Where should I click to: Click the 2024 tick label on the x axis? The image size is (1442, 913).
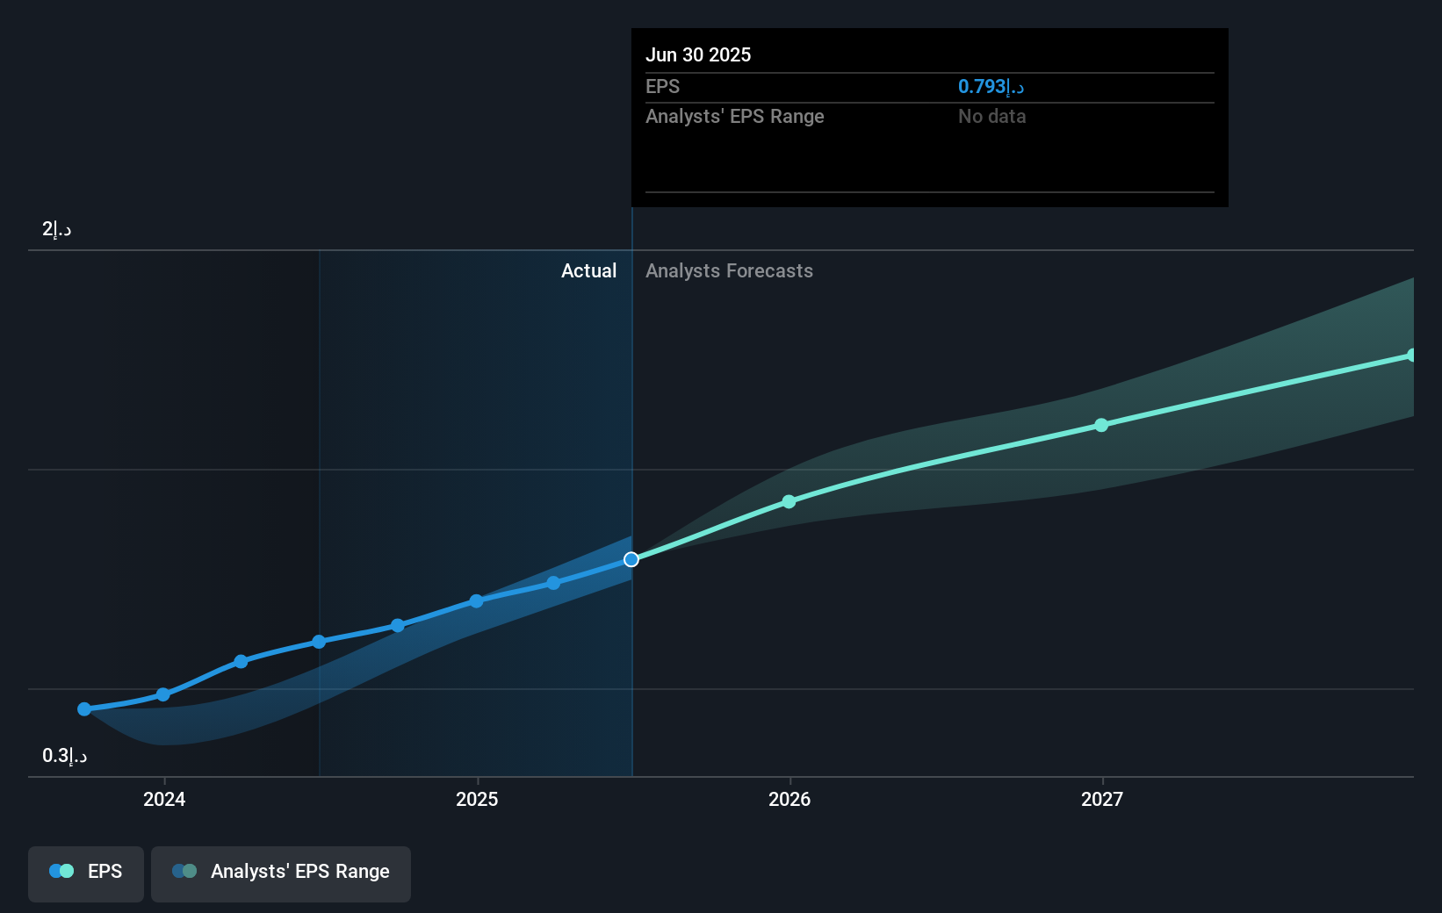pos(164,799)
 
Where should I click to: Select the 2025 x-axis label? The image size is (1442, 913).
pos(477,799)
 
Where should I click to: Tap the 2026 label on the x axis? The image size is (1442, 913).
pos(789,799)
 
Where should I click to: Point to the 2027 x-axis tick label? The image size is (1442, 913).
pos(1102,799)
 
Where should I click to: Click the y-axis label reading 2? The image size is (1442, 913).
pos(56,229)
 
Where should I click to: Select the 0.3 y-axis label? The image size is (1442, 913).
pos(64,756)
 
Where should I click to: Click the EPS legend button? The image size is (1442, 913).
pos(86,872)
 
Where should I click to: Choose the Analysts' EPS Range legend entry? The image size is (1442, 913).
pos(281,872)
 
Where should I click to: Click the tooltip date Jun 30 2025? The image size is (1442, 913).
pos(698,54)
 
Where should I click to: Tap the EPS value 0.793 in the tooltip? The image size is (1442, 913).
pos(991,86)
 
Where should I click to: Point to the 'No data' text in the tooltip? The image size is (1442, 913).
pos(991,116)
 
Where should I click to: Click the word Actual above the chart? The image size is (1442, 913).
pos(588,270)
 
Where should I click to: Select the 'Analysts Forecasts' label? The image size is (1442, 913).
pos(729,270)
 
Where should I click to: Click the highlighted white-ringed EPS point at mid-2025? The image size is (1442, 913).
pos(631,559)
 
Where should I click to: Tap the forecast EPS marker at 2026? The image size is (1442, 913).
pos(789,501)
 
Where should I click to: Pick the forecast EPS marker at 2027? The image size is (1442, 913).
pos(1101,425)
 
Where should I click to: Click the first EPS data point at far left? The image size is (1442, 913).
pos(84,709)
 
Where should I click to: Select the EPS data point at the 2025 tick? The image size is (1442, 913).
pos(476,601)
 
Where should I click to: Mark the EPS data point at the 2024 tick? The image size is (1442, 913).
pos(162,694)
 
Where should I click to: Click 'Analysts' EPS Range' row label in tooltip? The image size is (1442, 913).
pos(734,116)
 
